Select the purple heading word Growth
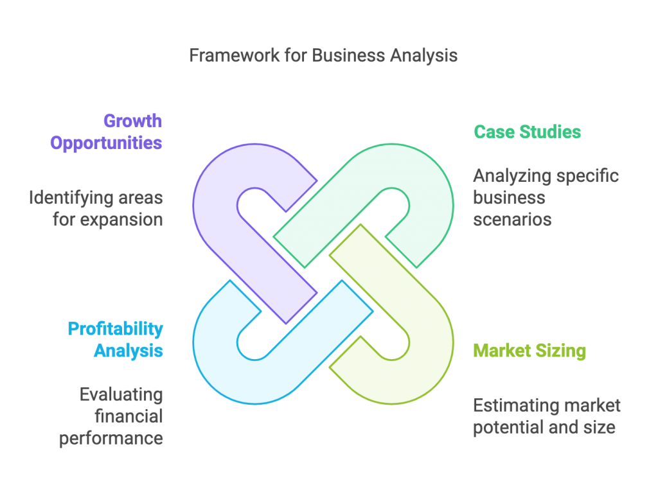(x=132, y=121)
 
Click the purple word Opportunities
(x=106, y=143)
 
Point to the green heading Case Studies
(x=527, y=132)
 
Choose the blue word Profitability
(x=116, y=329)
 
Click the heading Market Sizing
(x=529, y=351)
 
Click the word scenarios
(x=512, y=219)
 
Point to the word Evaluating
(x=121, y=394)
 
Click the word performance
(x=111, y=437)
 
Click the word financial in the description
(x=129, y=416)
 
